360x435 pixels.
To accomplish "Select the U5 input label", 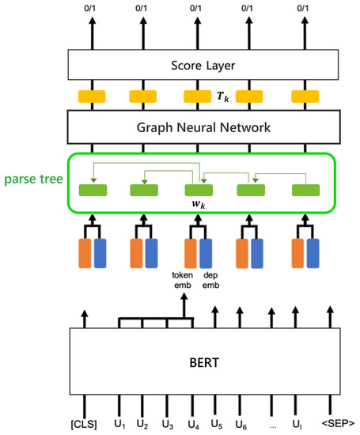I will (215, 424).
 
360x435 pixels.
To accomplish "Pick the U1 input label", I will (119, 424).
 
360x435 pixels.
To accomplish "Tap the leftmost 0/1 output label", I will (92, 9).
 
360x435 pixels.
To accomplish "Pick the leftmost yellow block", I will (92, 97).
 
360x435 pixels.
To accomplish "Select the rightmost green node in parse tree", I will (305, 190).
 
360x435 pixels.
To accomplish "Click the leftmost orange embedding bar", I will (85, 255).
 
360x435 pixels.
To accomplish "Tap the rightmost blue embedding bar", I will (313, 255).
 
